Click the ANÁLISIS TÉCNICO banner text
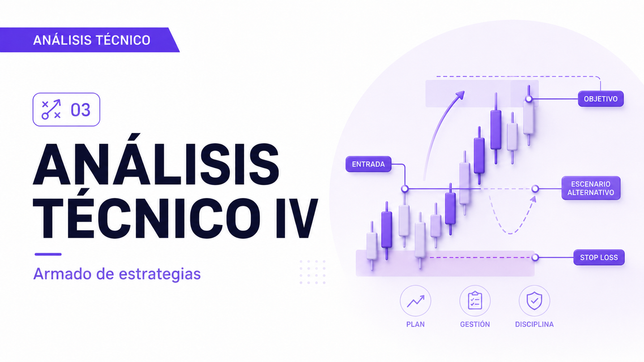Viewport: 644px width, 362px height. point(92,40)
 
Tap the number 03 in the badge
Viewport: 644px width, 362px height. point(80,110)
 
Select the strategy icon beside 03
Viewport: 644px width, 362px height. point(52,110)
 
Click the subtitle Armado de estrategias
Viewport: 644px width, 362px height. point(117,273)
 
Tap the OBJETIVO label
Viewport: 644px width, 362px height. point(600,99)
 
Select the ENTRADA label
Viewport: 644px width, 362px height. point(368,164)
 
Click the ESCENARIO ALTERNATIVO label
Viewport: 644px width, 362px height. point(591,188)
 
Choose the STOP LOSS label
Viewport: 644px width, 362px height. point(599,257)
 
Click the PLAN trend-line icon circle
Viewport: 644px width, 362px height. point(415,301)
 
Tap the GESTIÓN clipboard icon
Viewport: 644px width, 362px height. point(475,301)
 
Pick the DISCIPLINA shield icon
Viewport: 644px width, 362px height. point(534,301)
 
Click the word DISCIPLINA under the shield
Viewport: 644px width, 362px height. point(534,324)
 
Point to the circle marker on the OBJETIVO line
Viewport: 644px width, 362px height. point(529,99)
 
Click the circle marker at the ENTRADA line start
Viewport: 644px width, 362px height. point(404,188)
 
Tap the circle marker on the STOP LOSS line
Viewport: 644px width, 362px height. point(535,257)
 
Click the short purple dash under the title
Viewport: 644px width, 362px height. point(48,254)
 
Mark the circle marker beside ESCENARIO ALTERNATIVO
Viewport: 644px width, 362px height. point(535,188)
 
